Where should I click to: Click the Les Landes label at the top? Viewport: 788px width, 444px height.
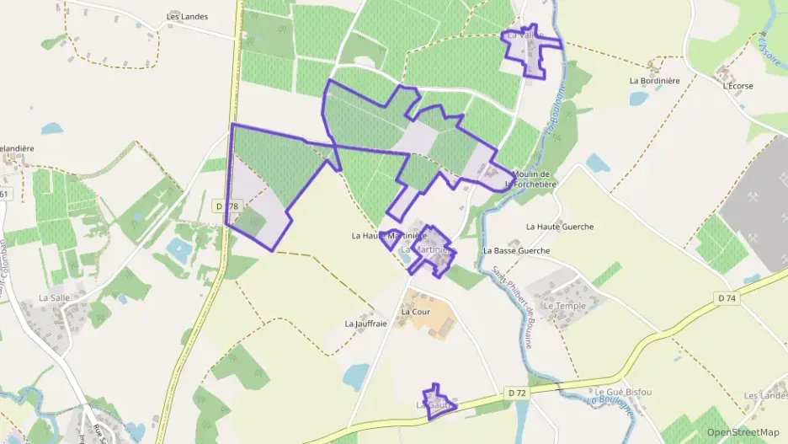pyautogui.click(x=187, y=16)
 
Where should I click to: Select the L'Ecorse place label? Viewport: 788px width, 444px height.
pyautogui.click(x=737, y=86)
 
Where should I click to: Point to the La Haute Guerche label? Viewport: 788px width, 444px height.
pyautogui.click(x=560, y=227)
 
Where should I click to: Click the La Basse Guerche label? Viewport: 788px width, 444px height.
pyautogui.click(x=516, y=251)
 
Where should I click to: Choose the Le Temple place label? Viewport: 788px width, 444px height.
pyautogui.click(x=564, y=306)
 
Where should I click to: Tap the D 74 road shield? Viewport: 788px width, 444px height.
pyautogui.click(x=727, y=298)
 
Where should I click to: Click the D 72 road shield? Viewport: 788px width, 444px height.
pyautogui.click(x=517, y=393)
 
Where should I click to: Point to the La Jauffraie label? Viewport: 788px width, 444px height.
pyautogui.click(x=365, y=324)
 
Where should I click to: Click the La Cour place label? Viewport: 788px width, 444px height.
pyautogui.click(x=416, y=312)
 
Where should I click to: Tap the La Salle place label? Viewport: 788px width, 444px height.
pyautogui.click(x=55, y=298)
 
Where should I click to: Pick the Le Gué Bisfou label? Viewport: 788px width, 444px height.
pyautogui.click(x=623, y=393)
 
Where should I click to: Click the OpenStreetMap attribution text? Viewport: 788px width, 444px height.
pyautogui.click(x=743, y=432)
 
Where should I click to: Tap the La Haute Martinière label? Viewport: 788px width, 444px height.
pyautogui.click(x=391, y=236)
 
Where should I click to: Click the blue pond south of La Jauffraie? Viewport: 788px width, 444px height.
pyautogui.click(x=357, y=376)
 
